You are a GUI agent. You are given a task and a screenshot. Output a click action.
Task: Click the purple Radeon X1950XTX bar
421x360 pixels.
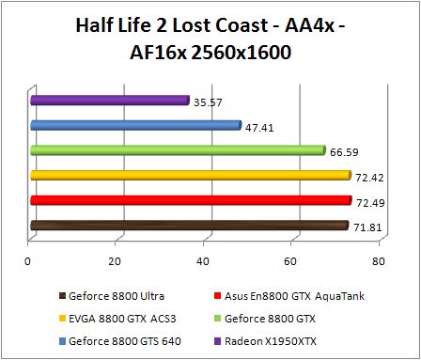tap(109, 100)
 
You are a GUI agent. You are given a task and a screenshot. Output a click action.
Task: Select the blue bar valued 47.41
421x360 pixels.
tap(135, 124)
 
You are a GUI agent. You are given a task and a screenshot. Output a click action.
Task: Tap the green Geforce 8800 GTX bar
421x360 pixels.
tap(177, 149)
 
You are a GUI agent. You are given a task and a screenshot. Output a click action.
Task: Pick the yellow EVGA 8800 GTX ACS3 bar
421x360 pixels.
tap(190, 175)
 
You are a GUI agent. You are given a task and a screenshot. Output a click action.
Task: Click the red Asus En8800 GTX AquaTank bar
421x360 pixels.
tap(190, 200)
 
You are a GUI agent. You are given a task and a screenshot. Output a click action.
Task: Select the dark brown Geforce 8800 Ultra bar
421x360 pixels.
tap(188, 226)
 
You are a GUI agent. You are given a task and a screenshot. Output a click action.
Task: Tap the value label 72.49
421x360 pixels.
tap(366, 202)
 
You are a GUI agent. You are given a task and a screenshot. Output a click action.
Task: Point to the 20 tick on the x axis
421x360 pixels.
tap(117, 260)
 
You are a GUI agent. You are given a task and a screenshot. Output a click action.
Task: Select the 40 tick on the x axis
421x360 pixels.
tap(204, 260)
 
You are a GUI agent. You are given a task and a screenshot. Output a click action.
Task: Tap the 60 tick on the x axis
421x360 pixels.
tap(291, 260)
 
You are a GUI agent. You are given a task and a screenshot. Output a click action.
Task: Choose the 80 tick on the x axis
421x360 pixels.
tap(378, 260)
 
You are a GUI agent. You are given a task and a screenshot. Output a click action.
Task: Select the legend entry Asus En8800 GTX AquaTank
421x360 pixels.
tap(304, 296)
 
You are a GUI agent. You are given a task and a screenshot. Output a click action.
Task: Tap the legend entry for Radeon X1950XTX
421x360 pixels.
tap(282, 339)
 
